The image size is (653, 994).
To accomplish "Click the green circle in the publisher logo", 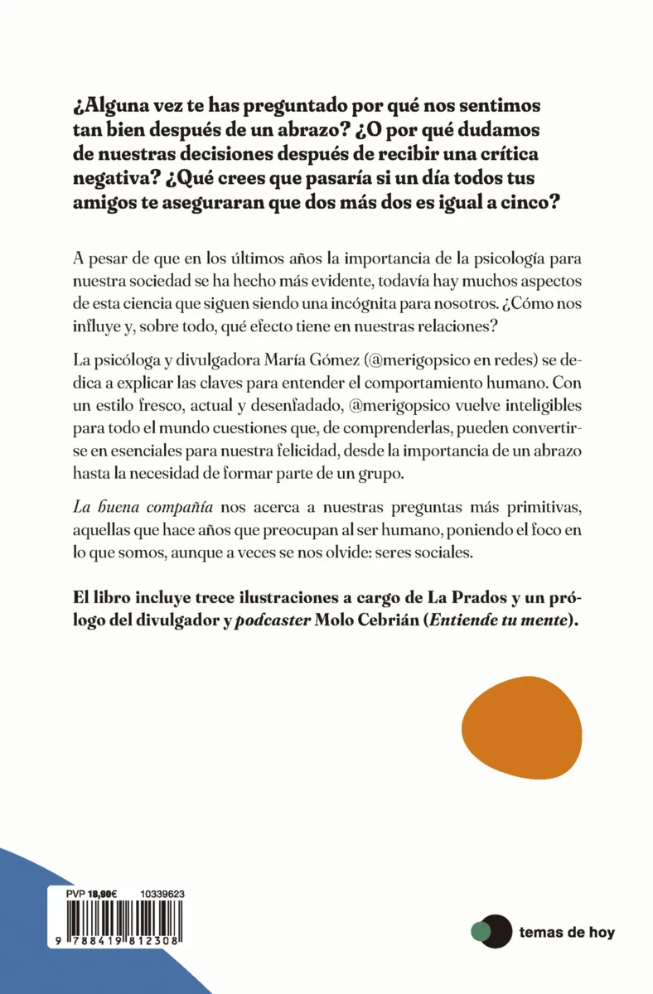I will [479, 933].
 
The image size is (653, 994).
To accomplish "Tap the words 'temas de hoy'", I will [567, 933].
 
